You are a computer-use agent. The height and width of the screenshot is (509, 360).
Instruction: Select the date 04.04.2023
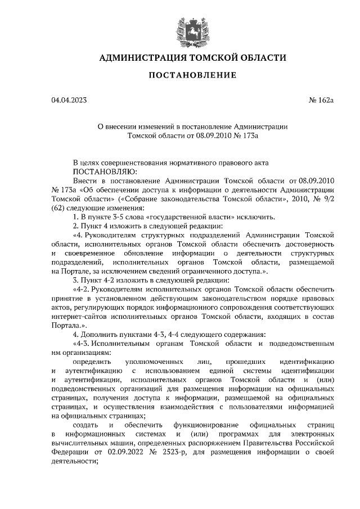(x=69, y=101)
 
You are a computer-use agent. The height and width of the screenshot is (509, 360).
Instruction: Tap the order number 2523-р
(x=176, y=452)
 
